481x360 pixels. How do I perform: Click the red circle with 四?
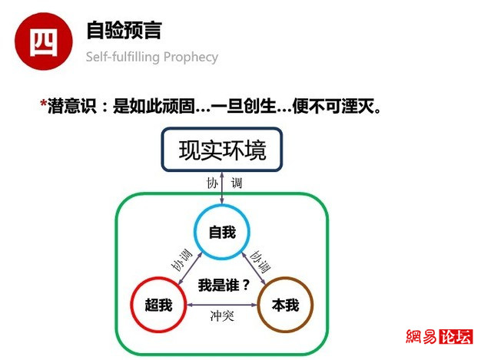tap(44, 41)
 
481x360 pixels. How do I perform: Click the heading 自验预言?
tap(124, 31)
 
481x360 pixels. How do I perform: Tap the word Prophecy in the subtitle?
tap(191, 58)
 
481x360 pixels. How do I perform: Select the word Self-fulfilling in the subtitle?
tap(123, 57)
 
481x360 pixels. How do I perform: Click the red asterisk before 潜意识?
tap(43, 104)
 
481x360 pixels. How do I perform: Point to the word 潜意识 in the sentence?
tap(72, 107)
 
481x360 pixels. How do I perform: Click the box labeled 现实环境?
tap(222, 150)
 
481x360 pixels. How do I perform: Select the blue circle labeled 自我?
tap(222, 232)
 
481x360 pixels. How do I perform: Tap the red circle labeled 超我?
tap(158, 305)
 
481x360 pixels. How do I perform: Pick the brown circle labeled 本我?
tap(285, 305)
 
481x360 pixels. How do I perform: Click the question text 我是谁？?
tap(224, 286)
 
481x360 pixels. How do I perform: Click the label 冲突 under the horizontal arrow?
tap(222, 316)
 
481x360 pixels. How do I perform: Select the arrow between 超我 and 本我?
tap(222, 305)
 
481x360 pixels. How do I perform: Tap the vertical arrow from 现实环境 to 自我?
tap(222, 187)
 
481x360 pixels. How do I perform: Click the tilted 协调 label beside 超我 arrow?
tap(181, 260)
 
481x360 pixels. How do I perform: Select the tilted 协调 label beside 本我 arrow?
tap(260, 262)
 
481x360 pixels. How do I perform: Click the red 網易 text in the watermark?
tap(422, 337)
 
